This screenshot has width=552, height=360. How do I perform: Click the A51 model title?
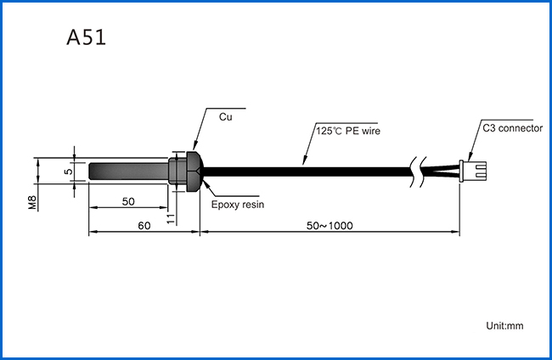pos(87,37)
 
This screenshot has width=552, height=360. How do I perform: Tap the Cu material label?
pos(226,117)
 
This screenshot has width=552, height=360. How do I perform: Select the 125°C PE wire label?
pos(348,131)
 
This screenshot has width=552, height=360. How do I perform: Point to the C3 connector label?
pos(513,128)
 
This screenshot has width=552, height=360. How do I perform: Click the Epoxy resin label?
pos(238,205)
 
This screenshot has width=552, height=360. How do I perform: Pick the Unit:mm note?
pos(504,326)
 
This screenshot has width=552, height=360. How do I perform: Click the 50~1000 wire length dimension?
pos(330,226)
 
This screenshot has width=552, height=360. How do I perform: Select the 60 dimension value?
pos(144,226)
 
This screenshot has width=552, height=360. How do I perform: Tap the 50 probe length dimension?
pos(128,201)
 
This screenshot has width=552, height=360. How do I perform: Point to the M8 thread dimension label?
pos(32,203)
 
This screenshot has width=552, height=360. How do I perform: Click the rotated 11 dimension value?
pos(171,218)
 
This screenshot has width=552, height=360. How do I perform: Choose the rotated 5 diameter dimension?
pos(69,172)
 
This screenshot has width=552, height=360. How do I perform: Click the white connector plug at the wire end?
pos(473,171)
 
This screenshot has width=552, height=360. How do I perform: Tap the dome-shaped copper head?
pos(194,172)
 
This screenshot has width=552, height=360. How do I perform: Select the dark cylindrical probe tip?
pos(128,172)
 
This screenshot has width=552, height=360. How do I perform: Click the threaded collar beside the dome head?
pos(177,172)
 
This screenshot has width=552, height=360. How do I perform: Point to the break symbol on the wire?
pos(418,172)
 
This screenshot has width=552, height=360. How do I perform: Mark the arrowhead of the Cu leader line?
pos(194,146)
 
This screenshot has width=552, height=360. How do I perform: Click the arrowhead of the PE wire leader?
pos(304,160)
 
